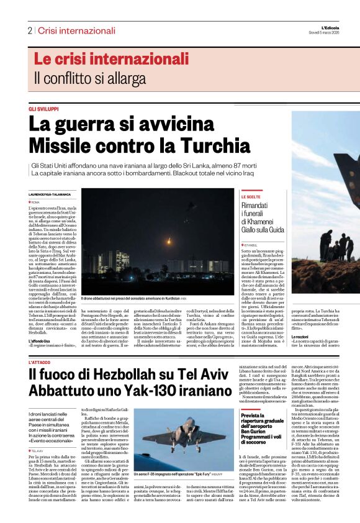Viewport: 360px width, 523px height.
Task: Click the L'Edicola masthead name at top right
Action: pos(340,27)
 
